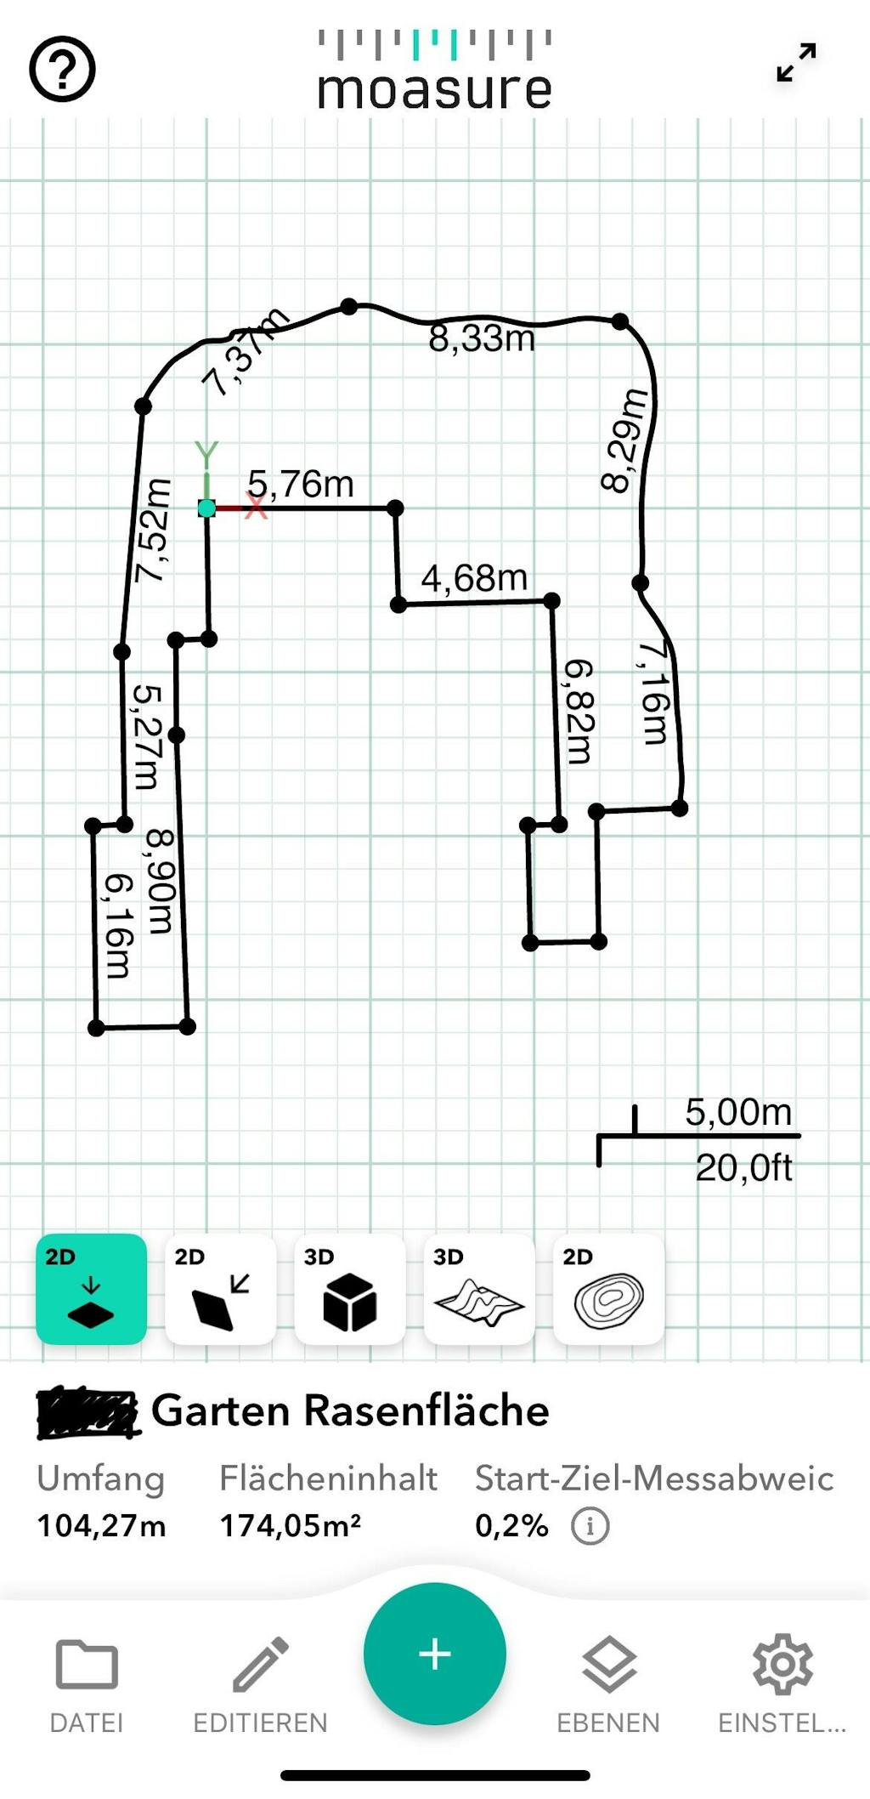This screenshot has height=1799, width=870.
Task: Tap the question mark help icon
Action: pyautogui.click(x=62, y=70)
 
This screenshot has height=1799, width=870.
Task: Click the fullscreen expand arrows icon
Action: pyautogui.click(x=796, y=63)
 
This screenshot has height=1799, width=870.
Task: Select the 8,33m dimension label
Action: pyautogui.click(x=482, y=338)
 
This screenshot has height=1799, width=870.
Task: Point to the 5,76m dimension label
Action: pyautogui.click(x=301, y=484)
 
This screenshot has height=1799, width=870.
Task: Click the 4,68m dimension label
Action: pyautogui.click(x=474, y=579)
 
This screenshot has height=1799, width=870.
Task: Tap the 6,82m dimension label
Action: pyautogui.click(x=579, y=711)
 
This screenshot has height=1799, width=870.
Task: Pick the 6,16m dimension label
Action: pyautogui.click(x=117, y=926)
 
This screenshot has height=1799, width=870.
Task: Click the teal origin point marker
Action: pyautogui.click(x=206, y=508)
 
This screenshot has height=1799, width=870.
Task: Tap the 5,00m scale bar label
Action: pyautogui.click(x=738, y=1112)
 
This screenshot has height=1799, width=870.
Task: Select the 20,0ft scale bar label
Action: pyautogui.click(x=743, y=1168)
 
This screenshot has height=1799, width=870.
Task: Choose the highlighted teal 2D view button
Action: pyautogui.click(x=91, y=1289)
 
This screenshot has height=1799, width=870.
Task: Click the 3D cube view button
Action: pyautogui.click(x=349, y=1289)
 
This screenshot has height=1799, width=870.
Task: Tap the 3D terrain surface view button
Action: pyautogui.click(x=478, y=1289)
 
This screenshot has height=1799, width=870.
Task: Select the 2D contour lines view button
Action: pyautogui.click(x=608, y=1289)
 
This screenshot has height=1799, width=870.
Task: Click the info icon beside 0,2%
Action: pyautogui.click(x=590, y=1526)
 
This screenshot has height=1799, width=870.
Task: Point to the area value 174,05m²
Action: pyautogui.click(x=291, y=1526)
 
